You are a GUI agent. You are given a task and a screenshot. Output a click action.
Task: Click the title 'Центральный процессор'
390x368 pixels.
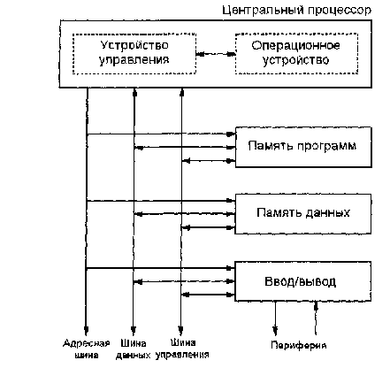point(296,11)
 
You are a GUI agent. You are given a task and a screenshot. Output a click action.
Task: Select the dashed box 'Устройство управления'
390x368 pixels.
point(134,34)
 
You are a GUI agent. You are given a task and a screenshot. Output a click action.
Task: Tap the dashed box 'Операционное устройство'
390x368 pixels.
point(296,34)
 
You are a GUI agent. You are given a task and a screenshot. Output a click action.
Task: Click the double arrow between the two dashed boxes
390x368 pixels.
point(216,54)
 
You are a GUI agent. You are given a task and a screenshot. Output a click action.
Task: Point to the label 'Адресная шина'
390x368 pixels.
point(86,349)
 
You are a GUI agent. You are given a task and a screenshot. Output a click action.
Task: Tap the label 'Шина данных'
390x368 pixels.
point(134,349)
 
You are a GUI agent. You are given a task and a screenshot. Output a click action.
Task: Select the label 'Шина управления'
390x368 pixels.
point(182,349)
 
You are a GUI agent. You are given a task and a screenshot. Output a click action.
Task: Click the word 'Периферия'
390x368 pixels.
point(299,345)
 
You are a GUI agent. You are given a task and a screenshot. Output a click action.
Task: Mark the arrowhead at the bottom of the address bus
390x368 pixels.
point(86,331)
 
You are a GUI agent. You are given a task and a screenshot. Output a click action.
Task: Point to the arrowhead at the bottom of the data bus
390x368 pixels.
point(134,331)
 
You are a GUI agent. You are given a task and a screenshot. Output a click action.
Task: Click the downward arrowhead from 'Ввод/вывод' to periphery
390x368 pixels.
point(275,331)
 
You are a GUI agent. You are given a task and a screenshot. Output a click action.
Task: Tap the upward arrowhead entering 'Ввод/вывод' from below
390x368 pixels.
point(316,306)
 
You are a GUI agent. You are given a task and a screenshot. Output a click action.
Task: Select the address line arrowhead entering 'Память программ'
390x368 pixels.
point(231,134)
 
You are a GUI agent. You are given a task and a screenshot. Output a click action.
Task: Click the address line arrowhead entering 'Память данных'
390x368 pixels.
point(231,201)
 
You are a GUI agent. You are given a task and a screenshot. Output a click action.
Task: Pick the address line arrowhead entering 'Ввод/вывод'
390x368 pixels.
point(230,268)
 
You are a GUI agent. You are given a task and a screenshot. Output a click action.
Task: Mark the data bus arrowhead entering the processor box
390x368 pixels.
point(134,92)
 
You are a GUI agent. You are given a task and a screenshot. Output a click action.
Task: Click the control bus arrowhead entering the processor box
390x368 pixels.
point(182,92)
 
